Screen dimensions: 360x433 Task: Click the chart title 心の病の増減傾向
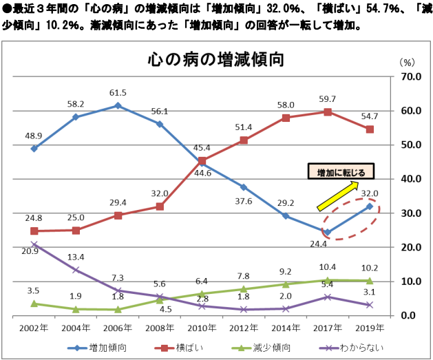click(x=215, y=59)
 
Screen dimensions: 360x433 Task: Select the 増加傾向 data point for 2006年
click(x=118, y=105)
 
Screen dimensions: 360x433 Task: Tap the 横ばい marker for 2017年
click(x=328, y=112)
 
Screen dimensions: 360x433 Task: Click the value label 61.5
click(x=118, y=92)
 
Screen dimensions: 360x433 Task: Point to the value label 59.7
click(x=327, y=98)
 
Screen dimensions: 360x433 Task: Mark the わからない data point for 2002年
click(x=34, y=244)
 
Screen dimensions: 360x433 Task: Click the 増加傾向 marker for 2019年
click(x=370, y=207)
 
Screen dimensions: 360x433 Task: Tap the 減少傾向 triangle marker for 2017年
click(x=328, y=280)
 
